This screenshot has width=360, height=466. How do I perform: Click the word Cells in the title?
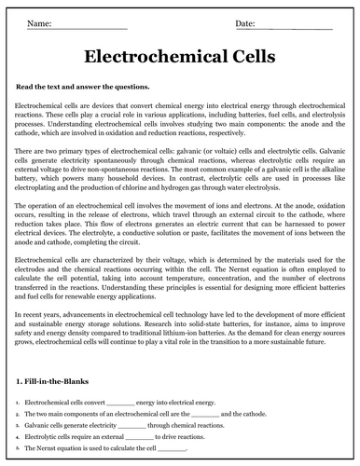coord(245,57)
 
